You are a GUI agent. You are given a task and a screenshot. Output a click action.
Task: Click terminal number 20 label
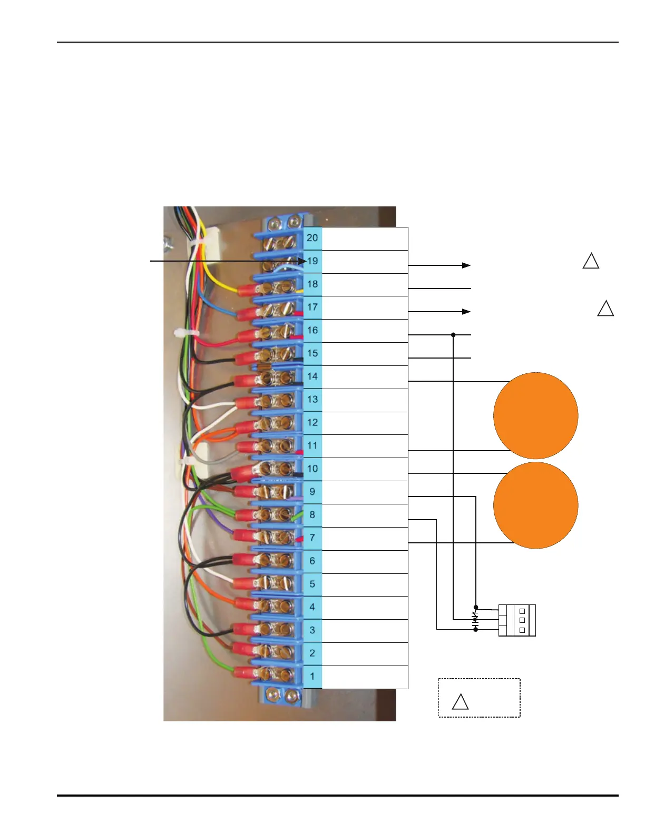coord(312,238)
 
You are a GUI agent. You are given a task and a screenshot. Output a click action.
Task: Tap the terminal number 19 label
coord(312,261)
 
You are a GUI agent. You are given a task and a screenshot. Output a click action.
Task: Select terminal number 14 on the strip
coord(312,376)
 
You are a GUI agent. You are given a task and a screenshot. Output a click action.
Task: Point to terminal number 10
coord(312,469)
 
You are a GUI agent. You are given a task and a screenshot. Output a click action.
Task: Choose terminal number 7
coord(312,538)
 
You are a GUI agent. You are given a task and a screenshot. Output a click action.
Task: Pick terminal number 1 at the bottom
coord(312,676)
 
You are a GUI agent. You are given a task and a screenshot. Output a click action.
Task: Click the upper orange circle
coord(535,415)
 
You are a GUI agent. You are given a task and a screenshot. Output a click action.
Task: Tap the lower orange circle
coord(535,505)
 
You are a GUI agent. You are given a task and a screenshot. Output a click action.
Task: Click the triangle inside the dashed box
coord(460,702)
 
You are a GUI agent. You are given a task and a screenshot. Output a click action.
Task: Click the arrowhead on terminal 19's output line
coord(466,265)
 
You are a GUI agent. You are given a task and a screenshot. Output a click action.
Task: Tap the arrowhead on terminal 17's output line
coord(466,312)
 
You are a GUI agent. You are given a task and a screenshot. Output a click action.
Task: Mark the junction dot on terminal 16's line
coord(453,335)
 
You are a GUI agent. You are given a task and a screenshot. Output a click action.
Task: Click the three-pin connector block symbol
coord(517,620)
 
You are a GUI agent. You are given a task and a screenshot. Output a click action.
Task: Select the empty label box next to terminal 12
coord(365,423)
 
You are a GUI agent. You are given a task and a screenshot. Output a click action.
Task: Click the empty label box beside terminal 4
coord(365,608)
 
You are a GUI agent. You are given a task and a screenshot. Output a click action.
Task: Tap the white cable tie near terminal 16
coord(185,333)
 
